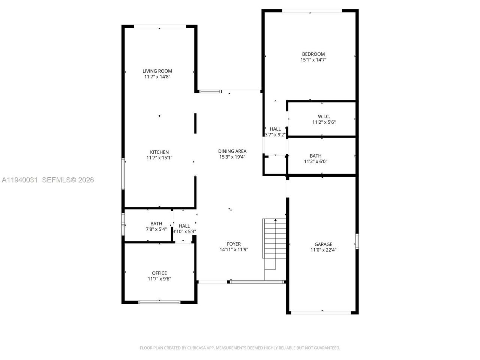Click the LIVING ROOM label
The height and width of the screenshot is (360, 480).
point(157,71)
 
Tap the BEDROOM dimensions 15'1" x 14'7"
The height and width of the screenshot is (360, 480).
point(313,60)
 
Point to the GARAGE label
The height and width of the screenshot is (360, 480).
point(323,244)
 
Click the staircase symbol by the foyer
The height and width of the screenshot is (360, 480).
point(274,244)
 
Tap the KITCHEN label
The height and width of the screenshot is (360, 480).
point(159,152)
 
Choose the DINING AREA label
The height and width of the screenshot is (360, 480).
point(232,151)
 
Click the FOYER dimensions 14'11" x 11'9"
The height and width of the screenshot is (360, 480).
point(234,250)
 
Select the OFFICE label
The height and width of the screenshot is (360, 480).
point(159,273)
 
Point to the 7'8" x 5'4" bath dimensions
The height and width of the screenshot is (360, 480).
point(156,229)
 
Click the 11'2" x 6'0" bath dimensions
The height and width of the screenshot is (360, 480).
point(315,162)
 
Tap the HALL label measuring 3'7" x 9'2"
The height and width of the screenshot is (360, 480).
point(275,129)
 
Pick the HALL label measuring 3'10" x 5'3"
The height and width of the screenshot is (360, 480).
point(184,226)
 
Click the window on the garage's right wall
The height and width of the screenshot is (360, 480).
point(357,241)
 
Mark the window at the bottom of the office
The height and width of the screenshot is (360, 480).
point(159,302)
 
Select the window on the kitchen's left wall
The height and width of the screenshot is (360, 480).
point(123,174)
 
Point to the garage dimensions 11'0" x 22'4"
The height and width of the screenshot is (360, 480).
point(323,250)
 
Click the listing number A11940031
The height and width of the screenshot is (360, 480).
point(19,180)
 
